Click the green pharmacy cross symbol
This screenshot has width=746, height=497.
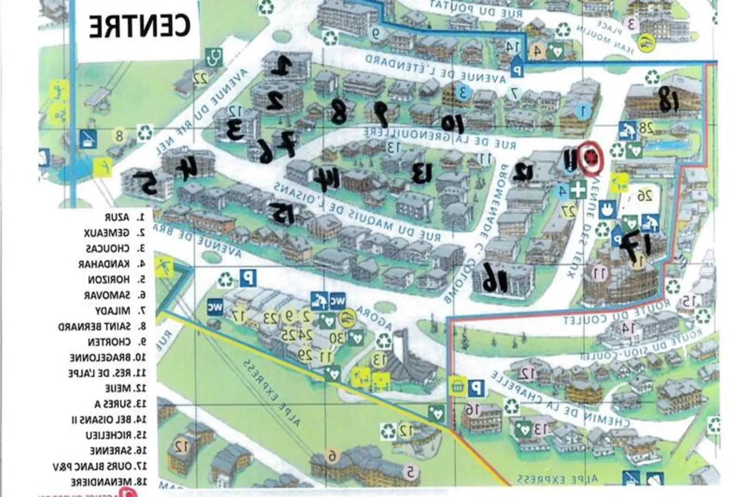coord(578,190)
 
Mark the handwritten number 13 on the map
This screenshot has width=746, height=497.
coord(422,173)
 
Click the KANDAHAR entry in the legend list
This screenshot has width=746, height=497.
coord(111,264)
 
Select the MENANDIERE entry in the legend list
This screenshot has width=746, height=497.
coord(108,482)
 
